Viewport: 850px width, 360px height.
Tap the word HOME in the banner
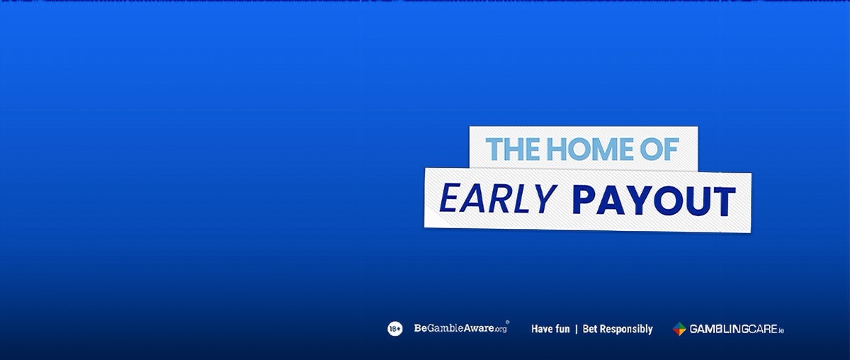coord(590,149)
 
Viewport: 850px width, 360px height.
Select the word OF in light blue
coord(659,149)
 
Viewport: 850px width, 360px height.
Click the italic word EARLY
coord(499,198)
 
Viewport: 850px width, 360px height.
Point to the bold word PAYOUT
coord(654,200)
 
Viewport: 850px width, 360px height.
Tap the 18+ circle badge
coord(395,329)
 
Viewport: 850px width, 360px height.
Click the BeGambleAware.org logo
coord(460,328)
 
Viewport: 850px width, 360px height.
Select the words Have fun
coord(550,329)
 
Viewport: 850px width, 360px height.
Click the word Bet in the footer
coord(590,329)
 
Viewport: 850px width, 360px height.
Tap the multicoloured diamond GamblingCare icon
coord(679,329)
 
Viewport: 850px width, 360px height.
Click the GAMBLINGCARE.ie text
coord(737,329)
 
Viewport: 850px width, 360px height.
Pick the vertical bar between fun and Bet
coord(577,329)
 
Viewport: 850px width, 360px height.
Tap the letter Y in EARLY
coord(546,198)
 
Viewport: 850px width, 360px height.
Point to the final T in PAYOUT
coord(724,201)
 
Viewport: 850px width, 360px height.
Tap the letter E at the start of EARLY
coord(450,198)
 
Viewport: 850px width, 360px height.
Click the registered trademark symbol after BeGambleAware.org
coord(507,322)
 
